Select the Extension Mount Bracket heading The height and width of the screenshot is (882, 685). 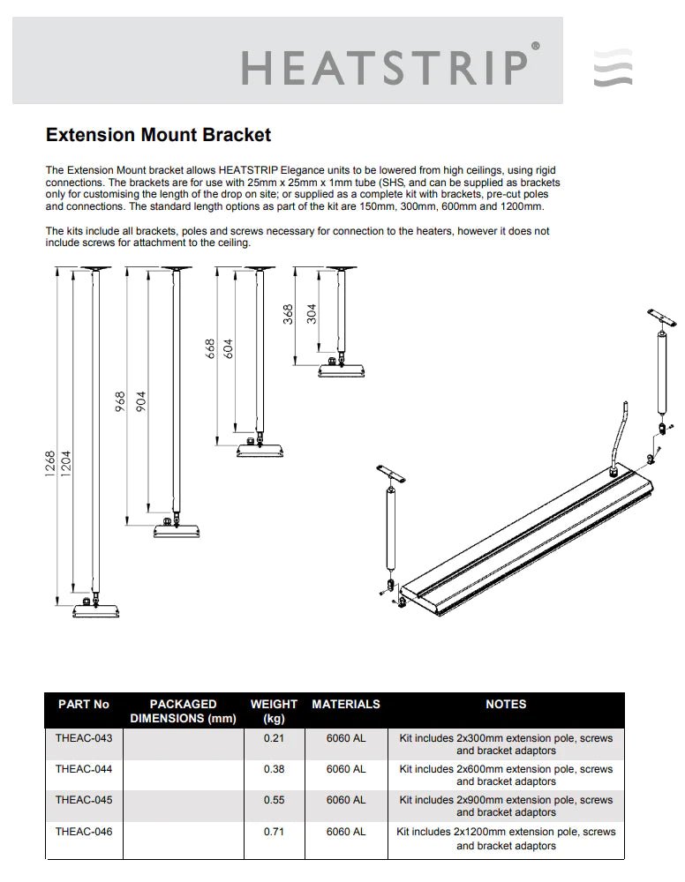pos(158,135)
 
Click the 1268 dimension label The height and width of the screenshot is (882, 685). pos(51,465)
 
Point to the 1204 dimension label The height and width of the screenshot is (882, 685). pos(66,465)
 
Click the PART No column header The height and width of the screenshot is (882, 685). pos(84,704)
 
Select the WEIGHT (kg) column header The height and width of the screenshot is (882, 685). pos(274,711)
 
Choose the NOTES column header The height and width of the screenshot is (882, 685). pos(506,704)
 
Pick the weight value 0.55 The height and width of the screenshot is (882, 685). pos(274,800)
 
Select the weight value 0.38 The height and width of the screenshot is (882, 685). pos(274,768)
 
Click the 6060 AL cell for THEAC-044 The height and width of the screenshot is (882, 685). pos(345,768)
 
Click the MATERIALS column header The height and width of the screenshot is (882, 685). pos(346,704)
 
